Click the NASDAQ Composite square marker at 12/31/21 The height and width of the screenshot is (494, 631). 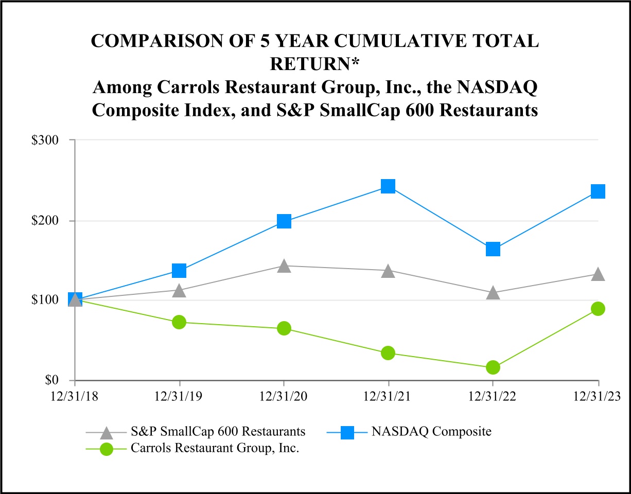click(388, 186)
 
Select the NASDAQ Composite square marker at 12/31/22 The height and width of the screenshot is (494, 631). click(493, 249)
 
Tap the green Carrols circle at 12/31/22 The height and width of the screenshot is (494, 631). click(493, 367)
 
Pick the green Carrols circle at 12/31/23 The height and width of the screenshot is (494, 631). click(598, 309)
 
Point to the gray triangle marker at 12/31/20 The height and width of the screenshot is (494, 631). click(284, 266)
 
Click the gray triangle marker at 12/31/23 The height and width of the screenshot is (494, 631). click(598, 274)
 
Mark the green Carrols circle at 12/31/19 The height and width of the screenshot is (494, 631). click(179, 322)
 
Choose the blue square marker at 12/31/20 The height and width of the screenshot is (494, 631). click(284, 221)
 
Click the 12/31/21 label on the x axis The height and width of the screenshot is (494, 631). click(388, 396)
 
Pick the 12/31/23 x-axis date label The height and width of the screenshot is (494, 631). click(598, 396)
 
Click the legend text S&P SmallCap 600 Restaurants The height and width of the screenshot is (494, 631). click(218, 431)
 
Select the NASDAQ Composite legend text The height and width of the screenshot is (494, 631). click(431, 431)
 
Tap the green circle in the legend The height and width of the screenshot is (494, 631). click(107, 448)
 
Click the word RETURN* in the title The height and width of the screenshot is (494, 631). click(314, 64)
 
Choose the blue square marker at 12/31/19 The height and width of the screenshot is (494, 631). click(179, 271)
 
